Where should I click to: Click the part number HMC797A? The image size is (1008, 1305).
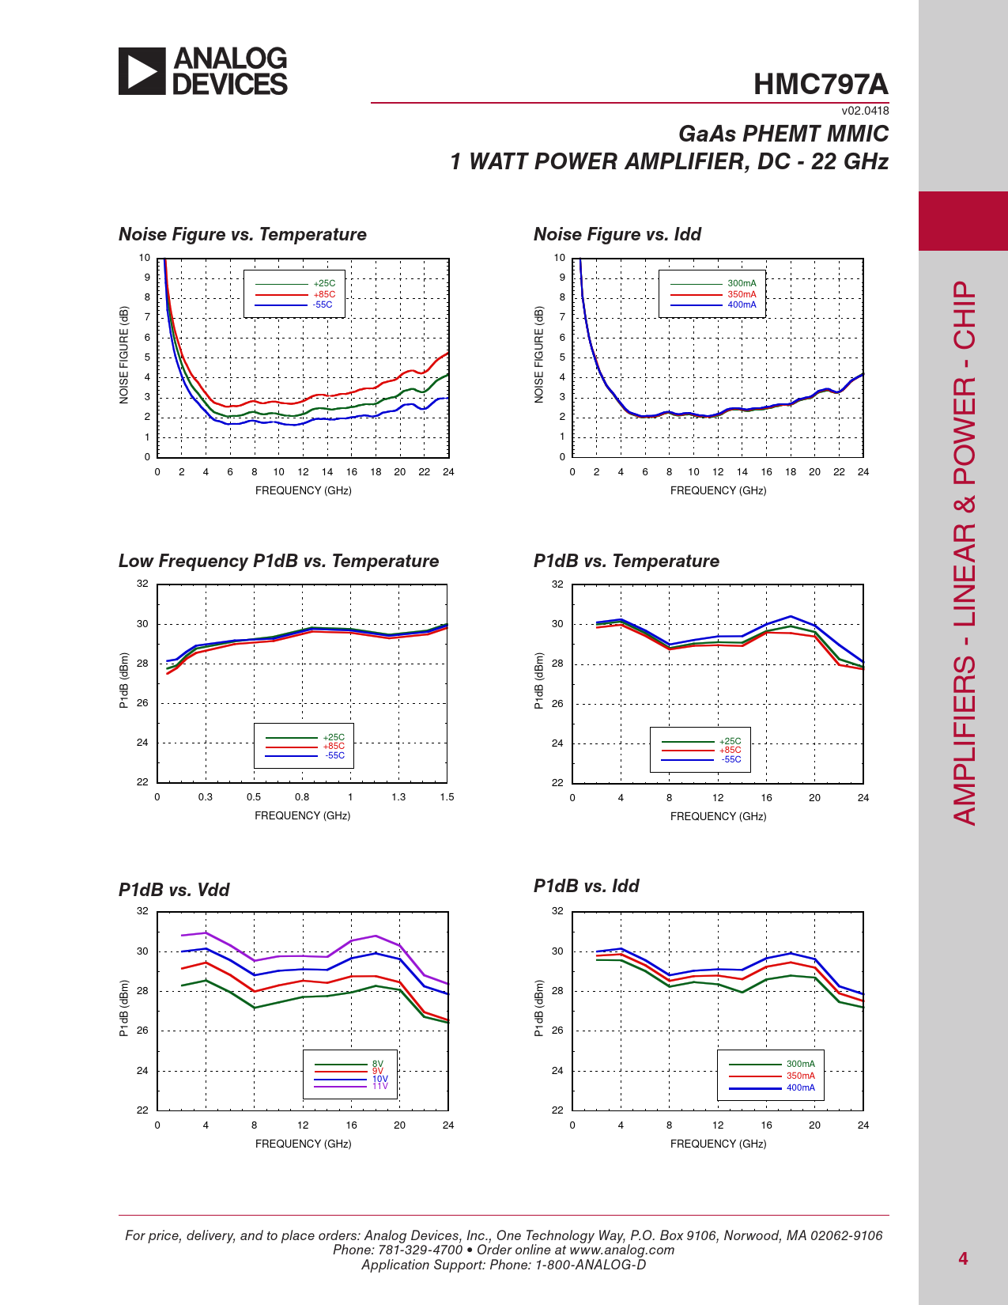point(821,85)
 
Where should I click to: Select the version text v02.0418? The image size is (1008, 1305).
point(865,111)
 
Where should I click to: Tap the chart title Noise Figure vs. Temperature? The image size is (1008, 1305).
point(243,234)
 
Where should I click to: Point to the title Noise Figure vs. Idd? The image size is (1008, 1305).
point(617,234)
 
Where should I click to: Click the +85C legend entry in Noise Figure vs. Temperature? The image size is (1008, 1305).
point(324,294)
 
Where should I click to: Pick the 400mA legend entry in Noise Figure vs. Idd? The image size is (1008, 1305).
point(742,304)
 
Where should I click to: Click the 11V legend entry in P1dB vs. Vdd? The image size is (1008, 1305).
point(379,1086)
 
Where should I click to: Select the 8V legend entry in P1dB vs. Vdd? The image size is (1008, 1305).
point(378,1065)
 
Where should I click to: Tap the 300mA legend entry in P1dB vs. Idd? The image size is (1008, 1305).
point(800,1065)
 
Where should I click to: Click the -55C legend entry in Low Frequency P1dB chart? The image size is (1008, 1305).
point(334,755)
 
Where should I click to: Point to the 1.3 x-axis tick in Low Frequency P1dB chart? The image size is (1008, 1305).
point(398,797)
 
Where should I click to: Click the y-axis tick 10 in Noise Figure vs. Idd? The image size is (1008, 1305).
point(559,258)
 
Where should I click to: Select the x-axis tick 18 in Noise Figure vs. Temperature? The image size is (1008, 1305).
point(376,472)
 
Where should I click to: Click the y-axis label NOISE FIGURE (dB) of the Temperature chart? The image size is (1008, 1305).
point(124,355)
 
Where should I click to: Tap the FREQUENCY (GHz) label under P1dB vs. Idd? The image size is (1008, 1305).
point(718,1144)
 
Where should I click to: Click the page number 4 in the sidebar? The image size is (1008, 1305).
point(963,1258)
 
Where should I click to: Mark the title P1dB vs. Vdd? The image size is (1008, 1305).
point(174,890)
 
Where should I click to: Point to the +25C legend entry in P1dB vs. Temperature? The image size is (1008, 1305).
point(731,742)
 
